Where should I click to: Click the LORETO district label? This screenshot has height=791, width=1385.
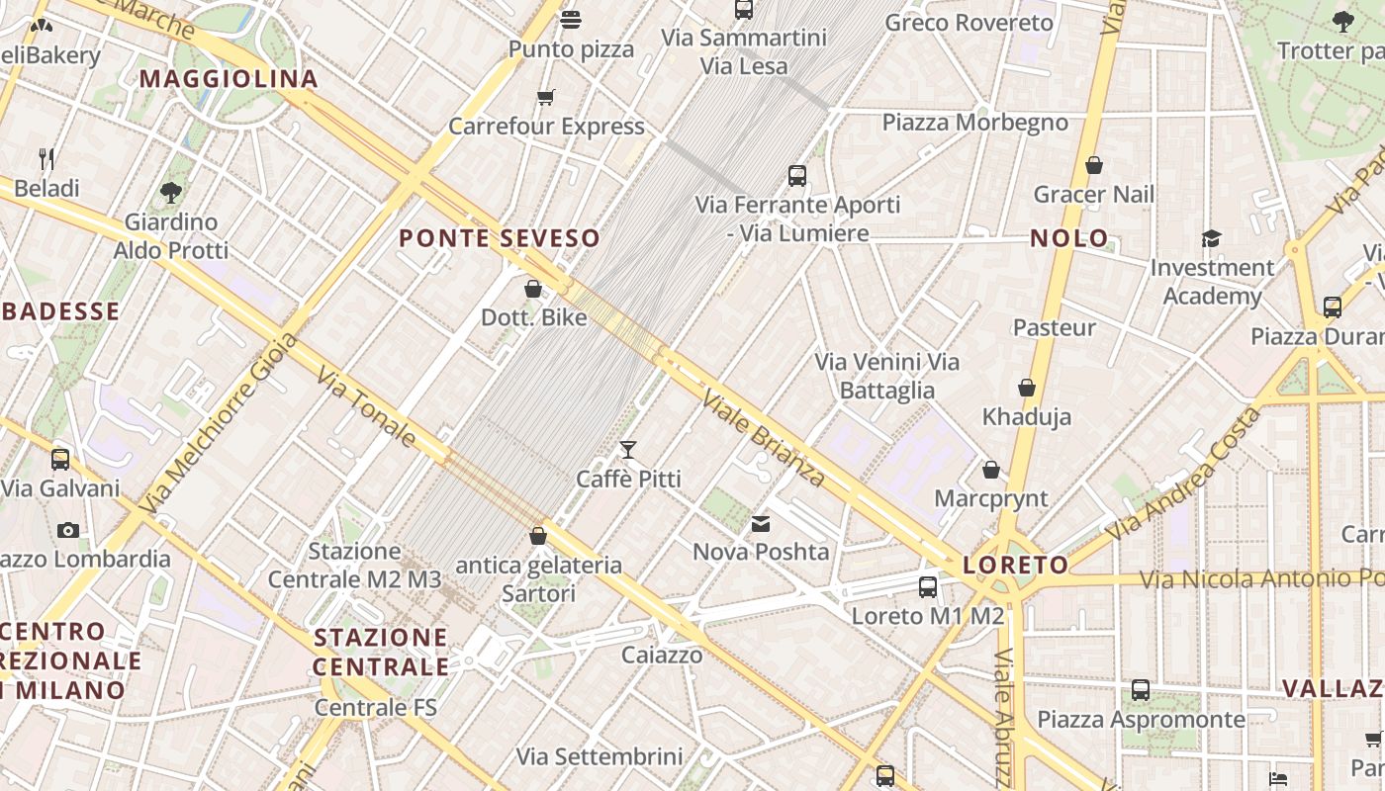pyautogui.click(x=1016, y=566)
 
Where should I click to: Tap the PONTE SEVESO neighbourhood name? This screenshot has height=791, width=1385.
pyautogui.click(x=500, y=238)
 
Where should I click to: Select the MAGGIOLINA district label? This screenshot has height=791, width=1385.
pyautogui.click(x=229, y=79)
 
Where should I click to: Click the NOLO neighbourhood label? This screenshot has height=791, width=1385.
pyautogui.click(x=1069, y=238)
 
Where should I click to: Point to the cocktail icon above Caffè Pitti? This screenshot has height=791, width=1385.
pyautogui.click(x=628, y=451)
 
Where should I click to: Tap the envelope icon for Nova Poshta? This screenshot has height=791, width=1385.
pyautogui.click(x=761, y=524)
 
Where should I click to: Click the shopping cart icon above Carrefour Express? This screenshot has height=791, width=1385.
pyautogui.click(x=545, y=97)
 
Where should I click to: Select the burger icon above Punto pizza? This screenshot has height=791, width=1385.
pyautogui.click(x=571, y=20)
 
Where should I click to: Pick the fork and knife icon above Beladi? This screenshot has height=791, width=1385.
pyautogui.click(x=46, y=158)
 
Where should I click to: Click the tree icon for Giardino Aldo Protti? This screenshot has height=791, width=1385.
pyautogui.click(x=171, y=192)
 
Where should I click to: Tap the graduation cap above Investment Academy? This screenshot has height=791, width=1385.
pyautogui.click(x=1212, y=238)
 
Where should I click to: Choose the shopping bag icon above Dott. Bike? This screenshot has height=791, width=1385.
pyautogui.click(x=533, y=289)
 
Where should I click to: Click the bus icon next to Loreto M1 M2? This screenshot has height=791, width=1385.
pyautogui.click(x=928, y=587)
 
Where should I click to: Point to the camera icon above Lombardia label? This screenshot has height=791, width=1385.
pyautogui.click(x=68, y=530)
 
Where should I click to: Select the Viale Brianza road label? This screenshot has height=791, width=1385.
pyautogui.click(x=764, y=439)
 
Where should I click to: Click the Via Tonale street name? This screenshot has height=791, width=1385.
pyautogui.click(x=366, y=406)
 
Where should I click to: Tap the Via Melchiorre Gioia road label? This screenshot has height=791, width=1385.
pyautogui.click(x=220, y=422)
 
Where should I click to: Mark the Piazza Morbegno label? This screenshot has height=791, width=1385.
pyautogui.click(x=974, y=123)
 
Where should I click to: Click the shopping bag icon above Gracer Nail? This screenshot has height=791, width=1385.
pyautogui.click(x=1094, y=165)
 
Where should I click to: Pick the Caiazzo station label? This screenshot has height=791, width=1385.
pyautogui.click(x=662, y=655)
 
